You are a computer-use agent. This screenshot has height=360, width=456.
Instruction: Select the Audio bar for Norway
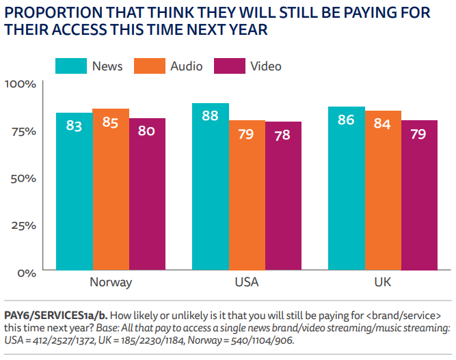[x=111, y=191]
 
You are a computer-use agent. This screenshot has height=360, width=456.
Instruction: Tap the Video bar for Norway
[x=147, y=195]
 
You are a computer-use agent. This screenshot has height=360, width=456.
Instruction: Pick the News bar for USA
[x=211, y=188]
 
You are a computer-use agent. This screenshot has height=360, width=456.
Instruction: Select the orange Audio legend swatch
[x=148, y=66]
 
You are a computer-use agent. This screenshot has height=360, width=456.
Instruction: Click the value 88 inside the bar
[x=211, y=115]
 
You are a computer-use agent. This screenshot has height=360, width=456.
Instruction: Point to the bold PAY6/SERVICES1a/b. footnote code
[x=55, y=315]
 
